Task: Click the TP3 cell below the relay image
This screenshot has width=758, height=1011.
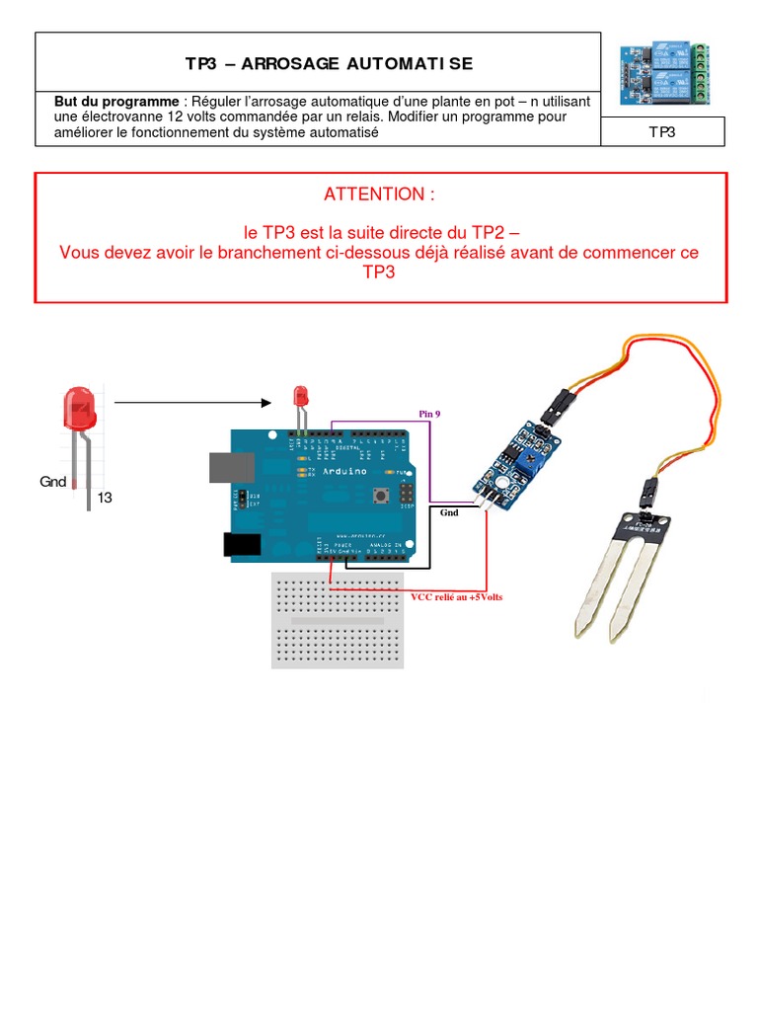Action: click(x=662, y=131)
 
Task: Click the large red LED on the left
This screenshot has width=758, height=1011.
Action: click(x=79, y=410)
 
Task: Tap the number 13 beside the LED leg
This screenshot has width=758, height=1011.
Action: click(x=105, y=499)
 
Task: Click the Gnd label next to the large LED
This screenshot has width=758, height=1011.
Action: click(x=52, y=482)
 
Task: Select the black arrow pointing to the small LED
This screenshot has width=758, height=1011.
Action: click(x=192, y=402)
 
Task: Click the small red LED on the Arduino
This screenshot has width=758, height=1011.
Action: click(x=301, y=397)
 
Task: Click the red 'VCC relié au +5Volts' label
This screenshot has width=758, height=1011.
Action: click(x=456, y=597)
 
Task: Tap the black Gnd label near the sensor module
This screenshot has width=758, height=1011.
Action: click(x=449, y=513)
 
